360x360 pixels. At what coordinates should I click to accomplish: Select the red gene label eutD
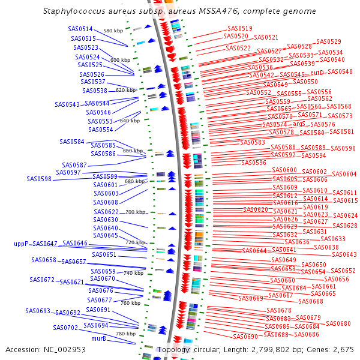click(x=317, y=72)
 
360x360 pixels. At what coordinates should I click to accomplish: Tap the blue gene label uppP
click(x=21, y=244)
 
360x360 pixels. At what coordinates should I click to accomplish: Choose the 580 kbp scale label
click(x=113, y=31)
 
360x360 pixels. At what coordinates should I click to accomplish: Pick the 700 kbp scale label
click(x=136, y=212)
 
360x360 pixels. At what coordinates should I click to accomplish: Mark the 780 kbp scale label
click(x=126, y=334)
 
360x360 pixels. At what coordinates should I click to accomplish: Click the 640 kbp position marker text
click(x=130, y=121)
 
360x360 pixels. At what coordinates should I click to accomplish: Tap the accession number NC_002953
click(x=68, y=349)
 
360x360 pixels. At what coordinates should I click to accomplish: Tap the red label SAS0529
click(x=329, y=41)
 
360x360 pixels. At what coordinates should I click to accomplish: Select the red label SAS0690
click(x=245, y=337)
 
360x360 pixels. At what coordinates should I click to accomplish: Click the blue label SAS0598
click(x=39, y=178)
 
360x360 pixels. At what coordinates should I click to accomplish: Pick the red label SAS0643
click(x=344, y=254)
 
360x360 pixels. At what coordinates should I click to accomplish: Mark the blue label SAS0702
click(x=65, y=328)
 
